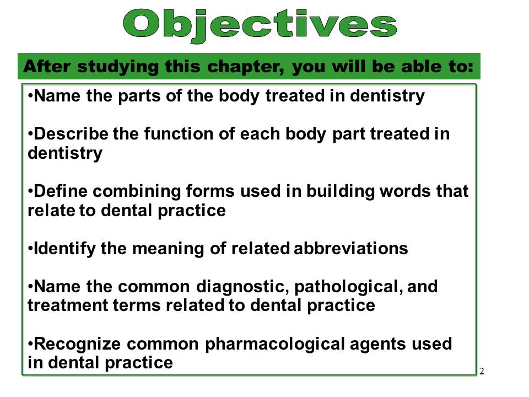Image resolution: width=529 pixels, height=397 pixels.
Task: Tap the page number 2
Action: coord(482,371)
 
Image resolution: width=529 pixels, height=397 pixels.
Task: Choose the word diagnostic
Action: coord(241,287)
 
